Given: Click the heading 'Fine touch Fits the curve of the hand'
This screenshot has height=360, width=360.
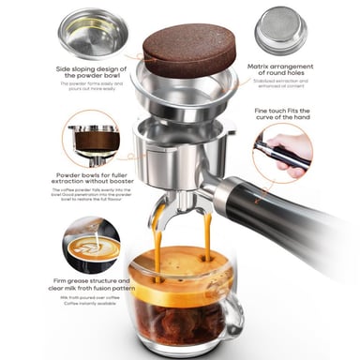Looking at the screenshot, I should point(297,115).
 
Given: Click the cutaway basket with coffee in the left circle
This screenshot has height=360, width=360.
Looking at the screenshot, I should point(94,142).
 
